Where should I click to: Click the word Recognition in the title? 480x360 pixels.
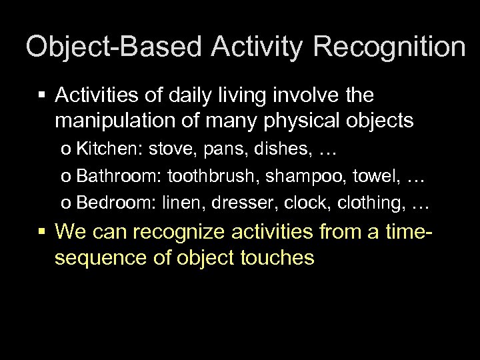(389, 48)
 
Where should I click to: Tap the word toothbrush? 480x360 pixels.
(207, 175)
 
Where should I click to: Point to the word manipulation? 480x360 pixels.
(108, 121)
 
